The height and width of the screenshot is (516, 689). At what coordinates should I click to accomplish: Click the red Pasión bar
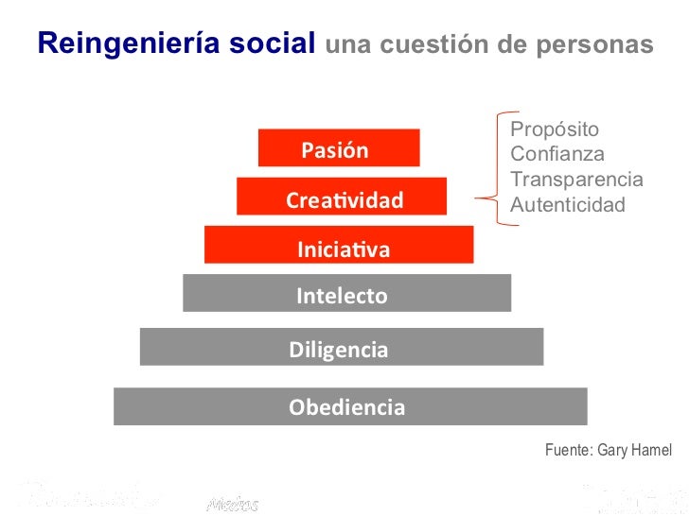[x=339, y=148]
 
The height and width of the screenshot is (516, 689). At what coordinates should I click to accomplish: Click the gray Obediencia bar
[x=350, y=406]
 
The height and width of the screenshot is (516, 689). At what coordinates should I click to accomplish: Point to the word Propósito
[x=555, y=129]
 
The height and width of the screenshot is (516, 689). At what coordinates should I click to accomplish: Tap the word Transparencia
[x=576, y=179]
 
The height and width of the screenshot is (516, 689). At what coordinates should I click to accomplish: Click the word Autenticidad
[x=568, y=203]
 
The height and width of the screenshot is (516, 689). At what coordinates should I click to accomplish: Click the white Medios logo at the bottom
[x=232, y=503]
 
